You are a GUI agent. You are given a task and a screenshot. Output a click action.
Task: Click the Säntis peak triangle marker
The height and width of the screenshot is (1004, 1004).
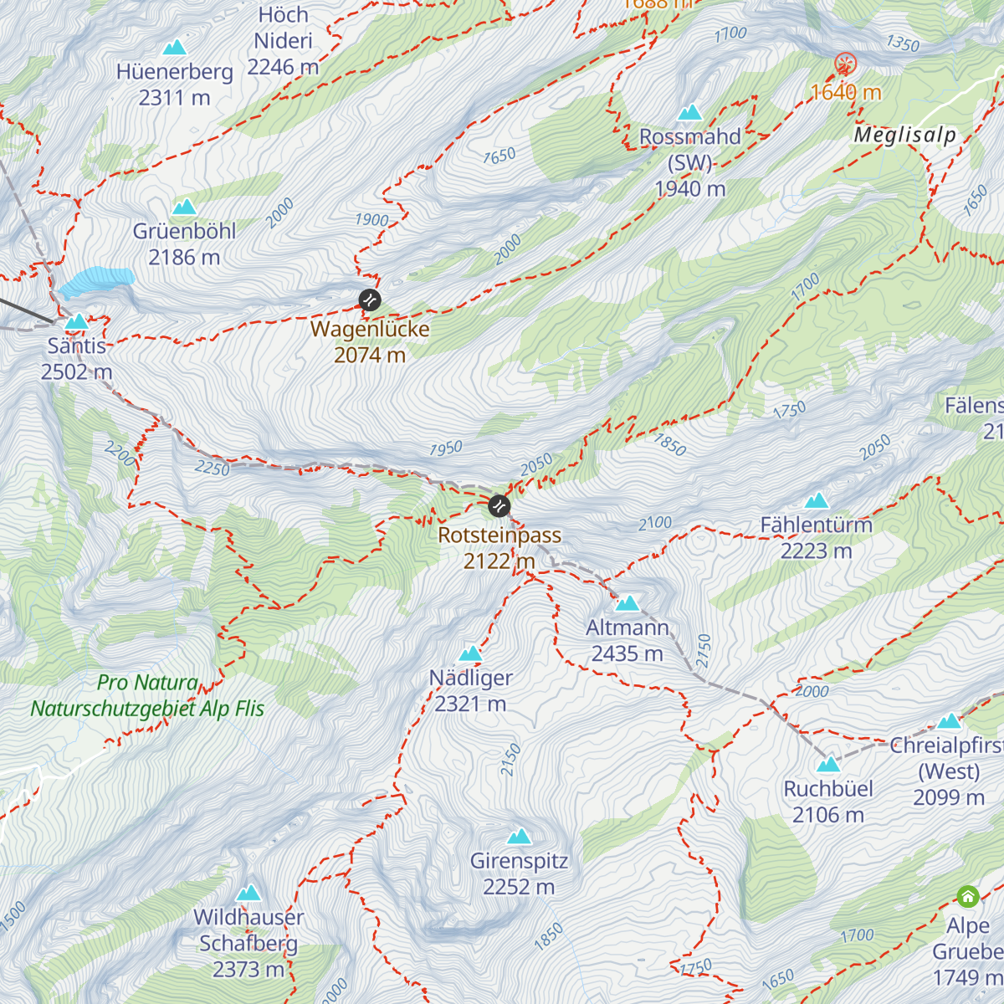(x=77, y=321)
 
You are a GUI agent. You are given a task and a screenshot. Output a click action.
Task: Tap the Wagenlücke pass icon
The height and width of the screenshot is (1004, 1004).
(x=370, y=300)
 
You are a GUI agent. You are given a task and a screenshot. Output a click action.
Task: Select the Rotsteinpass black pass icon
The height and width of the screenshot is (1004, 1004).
(x=499, y=505)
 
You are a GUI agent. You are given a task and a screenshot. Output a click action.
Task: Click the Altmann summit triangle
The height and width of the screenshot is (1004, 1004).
(x=627, y=603)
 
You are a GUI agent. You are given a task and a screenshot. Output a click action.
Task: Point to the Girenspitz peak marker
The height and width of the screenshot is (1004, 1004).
(x=520, y=837)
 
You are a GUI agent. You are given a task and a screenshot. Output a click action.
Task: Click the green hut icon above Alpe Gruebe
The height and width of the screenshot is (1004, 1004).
(x=968, y=897)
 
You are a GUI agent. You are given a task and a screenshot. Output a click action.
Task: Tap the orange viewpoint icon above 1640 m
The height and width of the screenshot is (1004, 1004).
(x=846, y=63)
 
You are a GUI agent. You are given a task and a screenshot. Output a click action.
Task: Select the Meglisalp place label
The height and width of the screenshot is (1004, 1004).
(x=904, y=135)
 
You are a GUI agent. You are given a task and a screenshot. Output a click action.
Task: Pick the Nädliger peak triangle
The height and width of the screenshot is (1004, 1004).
(x=471, y=653)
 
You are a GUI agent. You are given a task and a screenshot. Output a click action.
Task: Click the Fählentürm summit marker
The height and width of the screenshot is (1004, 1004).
(x=817, y=501)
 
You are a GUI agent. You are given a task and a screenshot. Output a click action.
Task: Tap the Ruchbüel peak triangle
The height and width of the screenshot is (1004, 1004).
(x=828, y=765)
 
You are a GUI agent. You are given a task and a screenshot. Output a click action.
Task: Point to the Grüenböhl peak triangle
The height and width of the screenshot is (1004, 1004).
(x=184, y=207)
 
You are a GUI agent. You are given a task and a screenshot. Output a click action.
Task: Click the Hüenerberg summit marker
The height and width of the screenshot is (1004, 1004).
(x=175, y=48)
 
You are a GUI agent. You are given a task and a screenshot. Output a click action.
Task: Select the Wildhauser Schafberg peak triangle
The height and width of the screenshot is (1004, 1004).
(x=248, y=894)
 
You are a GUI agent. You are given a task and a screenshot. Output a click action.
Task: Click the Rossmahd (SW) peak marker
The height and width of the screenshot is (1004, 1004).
(x=690, y=113)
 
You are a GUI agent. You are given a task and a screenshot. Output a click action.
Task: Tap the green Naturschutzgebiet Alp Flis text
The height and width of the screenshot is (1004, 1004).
(x=147, y=708)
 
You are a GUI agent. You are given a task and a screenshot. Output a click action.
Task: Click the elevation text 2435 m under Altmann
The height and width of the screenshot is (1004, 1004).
(x=627, y=653)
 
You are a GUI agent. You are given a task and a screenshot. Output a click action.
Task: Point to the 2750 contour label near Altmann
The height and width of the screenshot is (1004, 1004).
(x=703, y=650)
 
